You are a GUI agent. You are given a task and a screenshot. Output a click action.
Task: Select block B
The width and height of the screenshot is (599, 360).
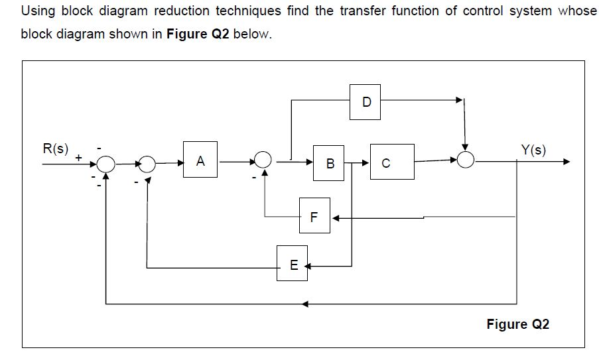[x=330, y=162]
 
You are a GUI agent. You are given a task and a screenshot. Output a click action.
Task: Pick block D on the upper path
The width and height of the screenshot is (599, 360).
[x=366, y=102]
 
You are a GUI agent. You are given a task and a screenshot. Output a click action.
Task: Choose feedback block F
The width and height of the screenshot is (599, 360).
[x=314, y=216]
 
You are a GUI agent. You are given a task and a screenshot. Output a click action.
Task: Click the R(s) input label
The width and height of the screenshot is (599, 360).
[x=55, y=149]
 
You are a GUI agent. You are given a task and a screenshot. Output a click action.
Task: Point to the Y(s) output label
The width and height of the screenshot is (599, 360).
[x=533, y=150]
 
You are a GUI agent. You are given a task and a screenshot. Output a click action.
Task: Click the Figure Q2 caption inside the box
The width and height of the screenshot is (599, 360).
[x=517, y=324]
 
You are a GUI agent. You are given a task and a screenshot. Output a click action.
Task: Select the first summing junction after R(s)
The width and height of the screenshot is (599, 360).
[x=106, y=162]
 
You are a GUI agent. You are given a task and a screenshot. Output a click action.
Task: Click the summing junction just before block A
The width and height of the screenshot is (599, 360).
[x=147, y=162]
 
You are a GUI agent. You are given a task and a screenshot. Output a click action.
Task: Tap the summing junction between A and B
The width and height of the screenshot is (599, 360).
[x=263, y=160]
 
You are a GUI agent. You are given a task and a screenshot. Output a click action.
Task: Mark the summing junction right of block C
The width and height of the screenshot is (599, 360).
[x=467, y=160]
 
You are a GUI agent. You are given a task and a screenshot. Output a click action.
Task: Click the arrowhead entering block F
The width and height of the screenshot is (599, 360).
[x=335, y=217]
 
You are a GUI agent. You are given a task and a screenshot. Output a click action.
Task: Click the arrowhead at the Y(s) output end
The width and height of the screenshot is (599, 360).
[x=566, y=161]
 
